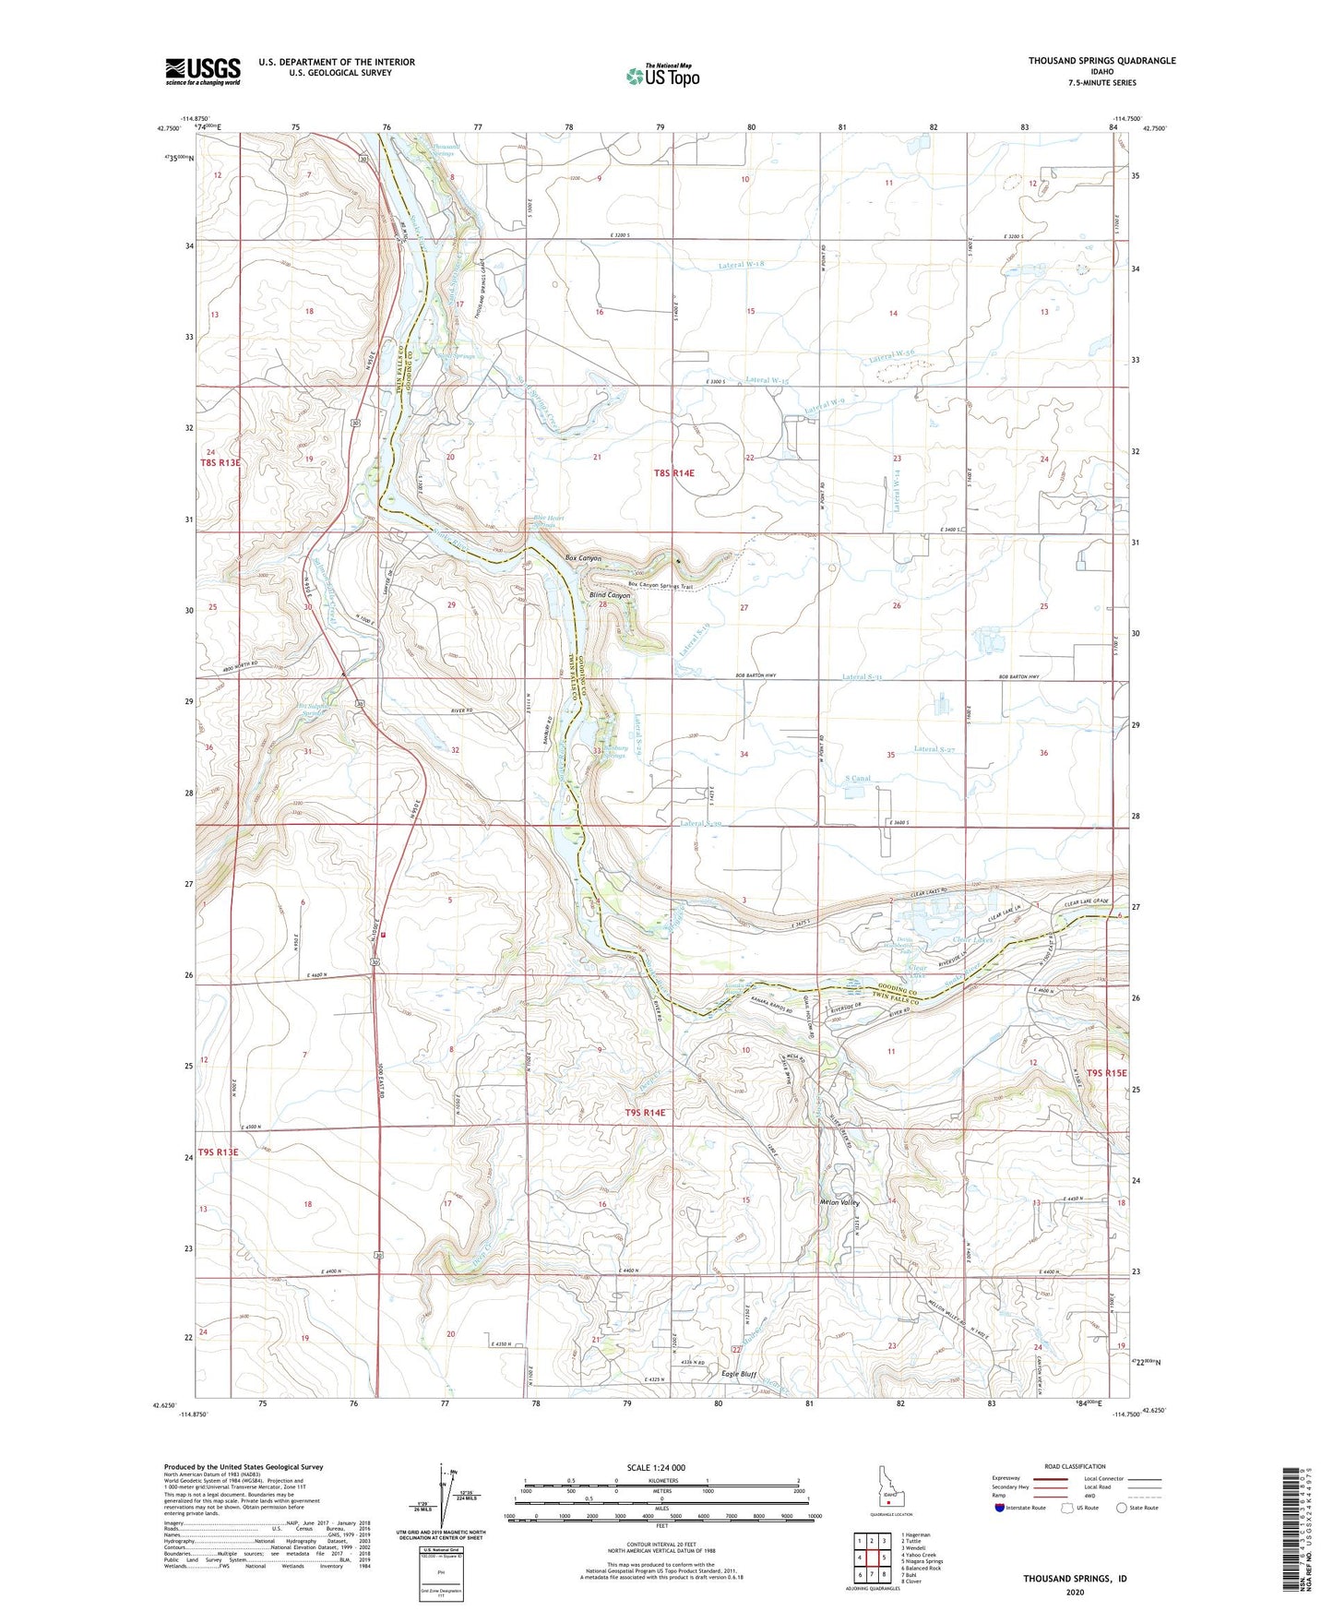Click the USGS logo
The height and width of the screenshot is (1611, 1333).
[202, 71]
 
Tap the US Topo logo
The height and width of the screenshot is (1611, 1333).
[661, 76]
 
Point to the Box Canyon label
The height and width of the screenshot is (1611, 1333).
[583, 558]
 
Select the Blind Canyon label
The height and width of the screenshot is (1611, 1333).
[610, 596]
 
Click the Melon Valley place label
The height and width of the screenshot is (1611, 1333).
[839, 1203]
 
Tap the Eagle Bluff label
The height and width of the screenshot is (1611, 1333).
[738, 1374]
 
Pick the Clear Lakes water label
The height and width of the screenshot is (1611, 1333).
[971, 940]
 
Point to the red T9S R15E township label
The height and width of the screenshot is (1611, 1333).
[1106, 1073]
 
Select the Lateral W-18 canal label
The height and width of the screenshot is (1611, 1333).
[742, 265]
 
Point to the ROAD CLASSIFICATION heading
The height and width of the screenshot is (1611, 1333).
[1075, 1466]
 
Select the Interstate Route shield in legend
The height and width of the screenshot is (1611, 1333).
[1001, 1508]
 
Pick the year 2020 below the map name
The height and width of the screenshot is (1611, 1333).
[1075, 1592]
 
